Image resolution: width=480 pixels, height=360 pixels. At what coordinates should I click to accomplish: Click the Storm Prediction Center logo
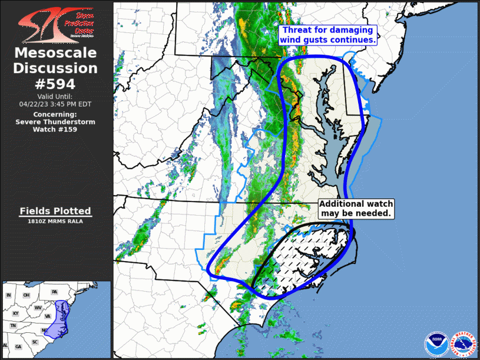[56, 23]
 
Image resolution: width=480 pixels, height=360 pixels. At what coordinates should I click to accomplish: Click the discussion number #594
[55, 84]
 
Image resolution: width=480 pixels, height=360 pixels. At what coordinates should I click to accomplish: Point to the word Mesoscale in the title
[55, 53]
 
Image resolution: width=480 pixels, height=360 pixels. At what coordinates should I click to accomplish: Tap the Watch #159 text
[55, 129]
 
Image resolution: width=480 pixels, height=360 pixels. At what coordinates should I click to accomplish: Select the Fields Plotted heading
[55, 211]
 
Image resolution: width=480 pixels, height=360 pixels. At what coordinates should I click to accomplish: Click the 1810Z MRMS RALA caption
[55, 222]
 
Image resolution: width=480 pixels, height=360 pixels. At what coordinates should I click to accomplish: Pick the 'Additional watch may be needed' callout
[356, 209]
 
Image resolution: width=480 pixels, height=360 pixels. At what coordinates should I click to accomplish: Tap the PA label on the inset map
[54, 292]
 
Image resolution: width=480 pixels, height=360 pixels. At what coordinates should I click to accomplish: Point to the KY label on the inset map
[16, 314]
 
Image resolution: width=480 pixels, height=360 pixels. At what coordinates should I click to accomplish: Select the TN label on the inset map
[12, 326]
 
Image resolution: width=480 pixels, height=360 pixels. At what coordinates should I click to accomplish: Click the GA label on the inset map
[19, 346]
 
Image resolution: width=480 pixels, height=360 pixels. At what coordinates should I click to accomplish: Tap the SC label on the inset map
[35, 342]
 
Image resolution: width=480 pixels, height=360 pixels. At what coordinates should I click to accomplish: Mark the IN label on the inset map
[9, 295]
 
